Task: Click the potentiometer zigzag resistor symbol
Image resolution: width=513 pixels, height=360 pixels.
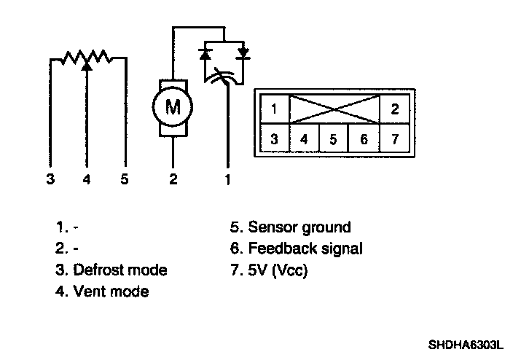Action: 86,57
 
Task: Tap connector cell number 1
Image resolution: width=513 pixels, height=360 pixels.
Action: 273,110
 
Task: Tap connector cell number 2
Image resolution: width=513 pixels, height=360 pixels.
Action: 394,110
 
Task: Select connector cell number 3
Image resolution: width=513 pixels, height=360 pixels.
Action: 273,138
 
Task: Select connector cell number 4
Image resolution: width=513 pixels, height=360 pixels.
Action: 304,138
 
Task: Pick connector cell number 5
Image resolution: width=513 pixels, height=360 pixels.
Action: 333,138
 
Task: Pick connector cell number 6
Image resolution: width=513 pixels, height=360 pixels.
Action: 364,138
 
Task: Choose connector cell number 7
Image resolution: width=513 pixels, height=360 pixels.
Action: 394,138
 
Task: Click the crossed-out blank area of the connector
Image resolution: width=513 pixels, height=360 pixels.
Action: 334,110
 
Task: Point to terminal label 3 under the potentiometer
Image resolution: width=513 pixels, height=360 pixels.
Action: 50,180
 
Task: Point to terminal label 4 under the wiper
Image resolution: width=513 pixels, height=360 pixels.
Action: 87,180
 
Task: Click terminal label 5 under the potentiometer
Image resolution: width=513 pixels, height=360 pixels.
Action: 125,180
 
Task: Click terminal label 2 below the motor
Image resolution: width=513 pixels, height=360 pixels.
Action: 173,180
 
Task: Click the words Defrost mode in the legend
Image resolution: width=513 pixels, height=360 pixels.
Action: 120,270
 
